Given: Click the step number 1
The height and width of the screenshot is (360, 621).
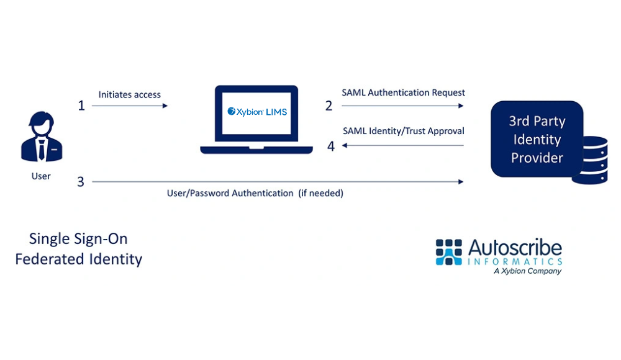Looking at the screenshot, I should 81,106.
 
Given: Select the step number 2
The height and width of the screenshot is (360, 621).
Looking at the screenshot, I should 329,106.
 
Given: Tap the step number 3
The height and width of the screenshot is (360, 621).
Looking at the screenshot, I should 81,182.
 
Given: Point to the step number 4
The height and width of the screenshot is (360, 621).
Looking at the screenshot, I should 331,146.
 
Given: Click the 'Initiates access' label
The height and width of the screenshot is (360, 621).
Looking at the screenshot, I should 129,94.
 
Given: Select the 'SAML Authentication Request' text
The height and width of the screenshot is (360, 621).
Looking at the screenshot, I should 403,92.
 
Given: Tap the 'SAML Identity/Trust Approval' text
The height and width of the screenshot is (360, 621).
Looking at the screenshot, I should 403,131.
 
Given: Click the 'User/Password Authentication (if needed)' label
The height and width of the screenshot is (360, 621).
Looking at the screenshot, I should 255,193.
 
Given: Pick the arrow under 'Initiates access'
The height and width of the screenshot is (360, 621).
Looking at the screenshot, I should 130,106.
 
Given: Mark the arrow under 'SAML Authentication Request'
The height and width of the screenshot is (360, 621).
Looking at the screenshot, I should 402,106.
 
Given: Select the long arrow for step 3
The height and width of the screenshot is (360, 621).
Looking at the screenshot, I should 278,182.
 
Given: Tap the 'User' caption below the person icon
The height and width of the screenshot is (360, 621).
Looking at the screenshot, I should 41,176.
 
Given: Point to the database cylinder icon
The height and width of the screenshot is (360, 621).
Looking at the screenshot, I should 589,160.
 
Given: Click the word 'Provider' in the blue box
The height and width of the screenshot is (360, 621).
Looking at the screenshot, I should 537,158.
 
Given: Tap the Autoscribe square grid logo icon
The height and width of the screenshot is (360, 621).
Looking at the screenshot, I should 448,252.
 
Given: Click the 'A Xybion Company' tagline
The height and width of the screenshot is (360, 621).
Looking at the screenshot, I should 527,271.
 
